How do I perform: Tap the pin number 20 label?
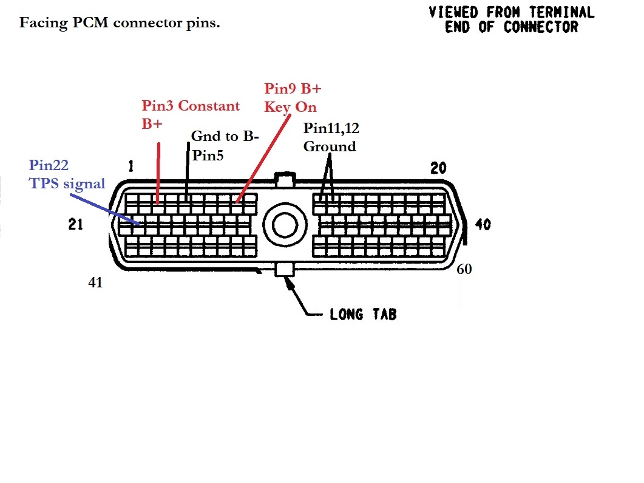438,169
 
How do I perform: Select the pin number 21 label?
75,225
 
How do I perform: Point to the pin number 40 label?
483,225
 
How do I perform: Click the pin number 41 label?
95,283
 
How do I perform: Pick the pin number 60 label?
464,269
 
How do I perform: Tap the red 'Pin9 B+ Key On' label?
293,97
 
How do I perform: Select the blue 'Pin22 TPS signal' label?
67,174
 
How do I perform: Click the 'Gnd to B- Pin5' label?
225,145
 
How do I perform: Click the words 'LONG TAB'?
363,315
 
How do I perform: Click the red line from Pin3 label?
158,173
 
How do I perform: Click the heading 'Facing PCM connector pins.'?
120,24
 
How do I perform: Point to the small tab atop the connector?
284,179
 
